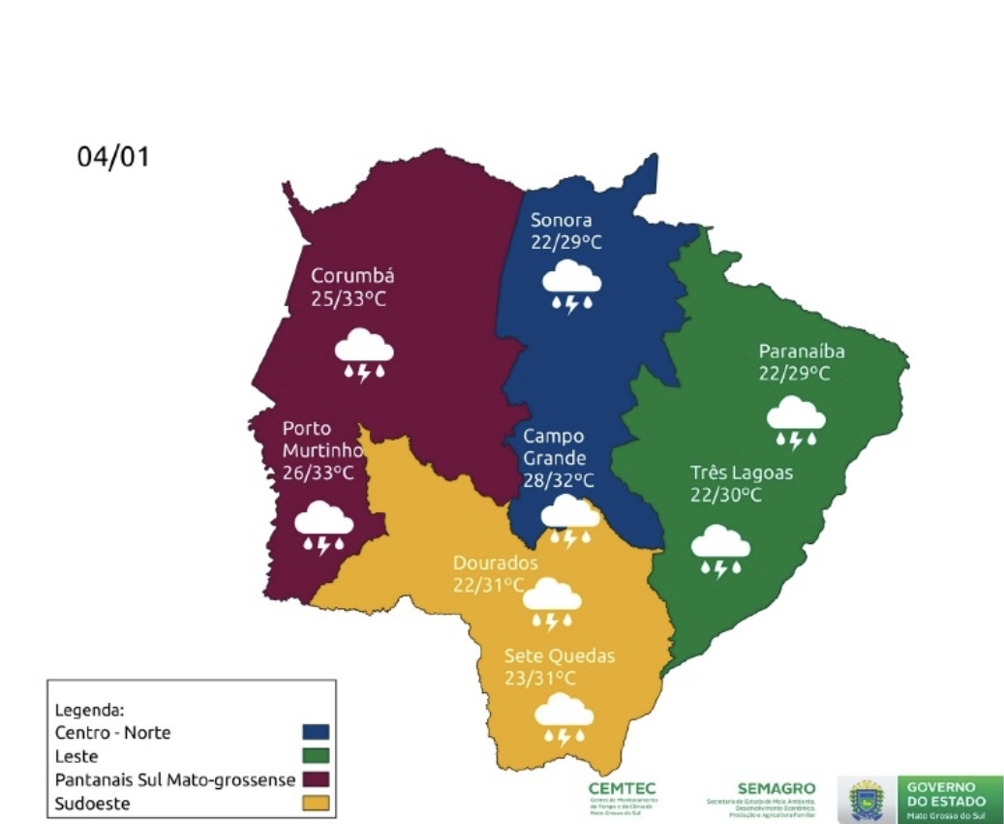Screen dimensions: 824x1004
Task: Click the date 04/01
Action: pyautogui.click(x=114, y=157)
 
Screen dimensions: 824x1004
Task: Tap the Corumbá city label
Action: pyautogui.click(x=352, y=276)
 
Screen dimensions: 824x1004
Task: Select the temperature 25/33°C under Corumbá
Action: pyautogui.click(x=349, y=299)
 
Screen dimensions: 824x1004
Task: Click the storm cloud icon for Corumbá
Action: pyautogui.click(x=364, y=353)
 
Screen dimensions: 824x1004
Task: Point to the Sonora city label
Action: pyautogui.click(x=561, y=220)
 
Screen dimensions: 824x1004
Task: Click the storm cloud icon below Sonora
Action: pyautogui.click(x=571, y=288)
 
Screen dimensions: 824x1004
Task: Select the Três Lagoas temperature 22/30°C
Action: pyautogui.click(x=726, y=496)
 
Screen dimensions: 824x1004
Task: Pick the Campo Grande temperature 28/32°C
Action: pyautogui.click(x=559, y=480)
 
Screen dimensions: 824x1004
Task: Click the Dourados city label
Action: pyautogui.click(x=495, y=564)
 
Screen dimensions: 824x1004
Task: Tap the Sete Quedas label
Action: pyautogui.click(x=559, y=656)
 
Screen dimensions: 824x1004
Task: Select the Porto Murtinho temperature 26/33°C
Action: pyautogui.click(x=318, y=473)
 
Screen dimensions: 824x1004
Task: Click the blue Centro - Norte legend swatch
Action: pyautogui.click(x=316, y=733)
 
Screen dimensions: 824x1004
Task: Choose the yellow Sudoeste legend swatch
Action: pyautogui.click(x=316, y=803)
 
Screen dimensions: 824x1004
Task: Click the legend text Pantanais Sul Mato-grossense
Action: pyautogui.click(x=174, y=779)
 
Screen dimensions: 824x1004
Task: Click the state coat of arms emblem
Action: pyautogui.click(x=864, y=799)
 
